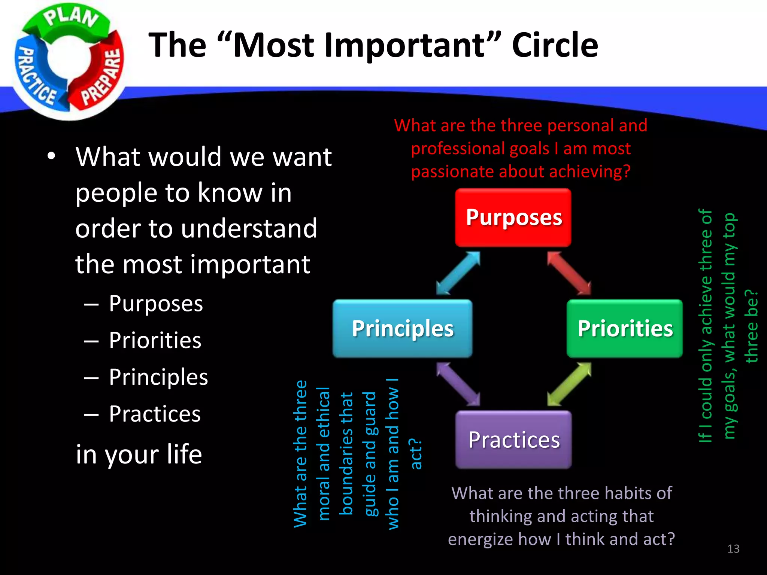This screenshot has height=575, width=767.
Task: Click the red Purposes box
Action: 513,217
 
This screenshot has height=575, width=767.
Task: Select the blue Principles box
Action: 402,328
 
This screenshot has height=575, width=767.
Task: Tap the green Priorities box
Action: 625,328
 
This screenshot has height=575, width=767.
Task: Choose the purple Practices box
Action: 513,439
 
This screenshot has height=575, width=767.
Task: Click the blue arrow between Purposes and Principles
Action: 458,273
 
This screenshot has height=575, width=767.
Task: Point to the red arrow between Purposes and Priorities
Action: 569,273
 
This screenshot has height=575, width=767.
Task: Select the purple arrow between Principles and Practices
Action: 458,384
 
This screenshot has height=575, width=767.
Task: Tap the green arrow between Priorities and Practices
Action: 569,384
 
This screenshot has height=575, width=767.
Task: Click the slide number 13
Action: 733,549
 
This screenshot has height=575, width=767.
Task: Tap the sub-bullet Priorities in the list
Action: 155,340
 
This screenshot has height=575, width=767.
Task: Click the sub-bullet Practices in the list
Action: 155,414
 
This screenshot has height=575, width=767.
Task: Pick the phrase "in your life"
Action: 139,454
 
